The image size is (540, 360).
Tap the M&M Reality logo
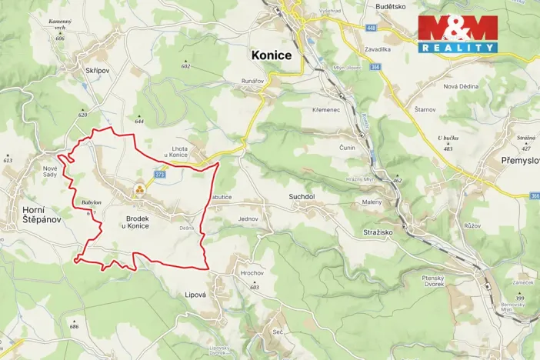click(x=457, y=34)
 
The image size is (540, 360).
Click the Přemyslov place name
click(x=515, y=162)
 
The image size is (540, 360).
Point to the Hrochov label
click(x=252, y=273)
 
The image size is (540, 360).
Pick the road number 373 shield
click(x=159, y=175)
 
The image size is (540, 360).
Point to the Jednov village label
click(x=248, y=219)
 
